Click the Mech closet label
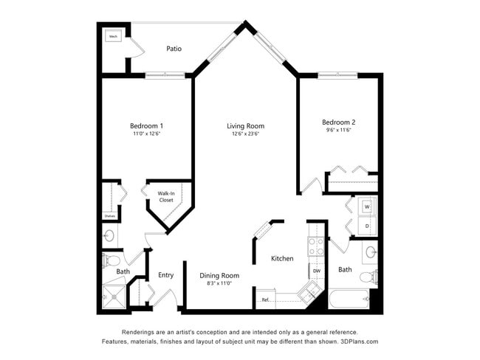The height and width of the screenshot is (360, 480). click(114, 36)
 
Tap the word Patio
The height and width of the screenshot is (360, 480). click(174, 49)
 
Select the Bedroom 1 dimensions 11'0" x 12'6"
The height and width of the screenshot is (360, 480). click(146, 134)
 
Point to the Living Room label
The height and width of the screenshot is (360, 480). click(245, 126)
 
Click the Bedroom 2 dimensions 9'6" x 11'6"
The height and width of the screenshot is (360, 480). click(338, 130)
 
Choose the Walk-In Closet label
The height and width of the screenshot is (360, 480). click(166, 197)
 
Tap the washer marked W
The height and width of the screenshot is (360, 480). click(367, 207)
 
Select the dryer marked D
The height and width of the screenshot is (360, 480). click(367, 226)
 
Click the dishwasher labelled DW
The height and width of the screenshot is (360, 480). click(316, 271)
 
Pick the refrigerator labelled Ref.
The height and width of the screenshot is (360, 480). click(265, 300)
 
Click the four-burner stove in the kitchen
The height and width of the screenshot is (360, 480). click(316, 247)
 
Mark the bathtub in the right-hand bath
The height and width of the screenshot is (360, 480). click(348, 300)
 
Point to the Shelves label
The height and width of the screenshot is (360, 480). click(109, 216)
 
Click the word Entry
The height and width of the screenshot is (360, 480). click(165, 275)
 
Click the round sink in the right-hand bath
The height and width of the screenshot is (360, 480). click(371, 252)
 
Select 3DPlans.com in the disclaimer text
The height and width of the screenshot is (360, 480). click(358, 342)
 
